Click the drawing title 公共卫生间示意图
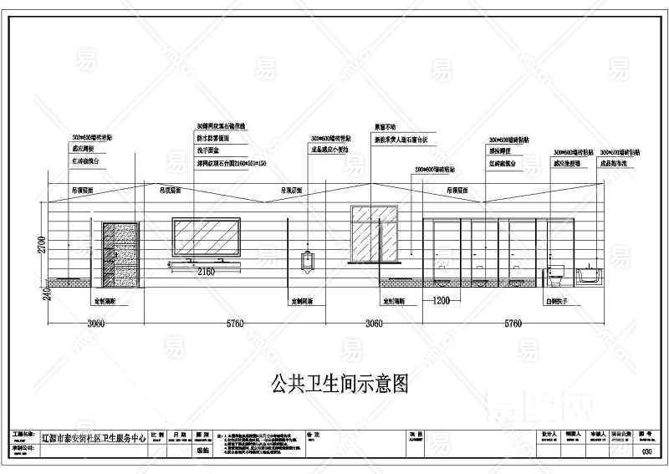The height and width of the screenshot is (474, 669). [340, 384]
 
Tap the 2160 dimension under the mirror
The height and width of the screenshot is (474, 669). [206, 272]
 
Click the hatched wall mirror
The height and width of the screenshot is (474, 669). [206, 237]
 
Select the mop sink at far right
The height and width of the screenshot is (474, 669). [590, 273]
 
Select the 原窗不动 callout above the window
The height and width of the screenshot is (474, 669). [384, 127]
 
